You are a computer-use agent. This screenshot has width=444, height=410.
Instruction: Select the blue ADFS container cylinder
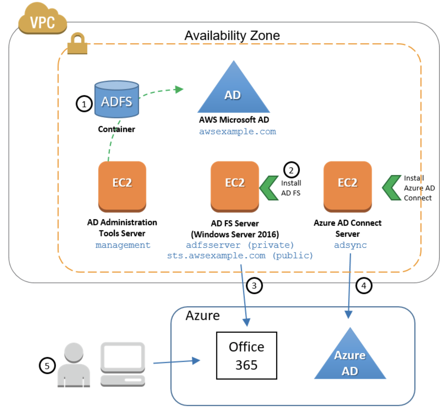(116, 99)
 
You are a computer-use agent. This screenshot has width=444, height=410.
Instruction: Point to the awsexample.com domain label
(237, 131)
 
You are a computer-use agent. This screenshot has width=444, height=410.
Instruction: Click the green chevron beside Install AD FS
(269, 188)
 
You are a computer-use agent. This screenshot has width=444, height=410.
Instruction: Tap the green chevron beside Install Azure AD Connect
(392, 187)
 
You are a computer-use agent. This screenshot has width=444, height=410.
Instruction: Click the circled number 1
(84, 104)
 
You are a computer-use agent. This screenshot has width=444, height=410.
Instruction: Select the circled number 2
(291, 170)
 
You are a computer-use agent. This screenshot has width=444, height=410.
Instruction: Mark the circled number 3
(254, 286)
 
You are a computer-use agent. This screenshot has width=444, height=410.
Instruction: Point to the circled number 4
(364, 286)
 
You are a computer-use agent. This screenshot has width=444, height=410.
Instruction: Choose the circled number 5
(47, 365)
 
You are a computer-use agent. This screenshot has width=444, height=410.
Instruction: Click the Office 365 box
(247, 355)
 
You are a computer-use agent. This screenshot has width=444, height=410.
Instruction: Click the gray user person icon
(74, 365)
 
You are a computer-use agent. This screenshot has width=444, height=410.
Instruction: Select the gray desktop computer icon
(123, 364)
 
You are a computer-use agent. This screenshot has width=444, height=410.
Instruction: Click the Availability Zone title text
(232, 36)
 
